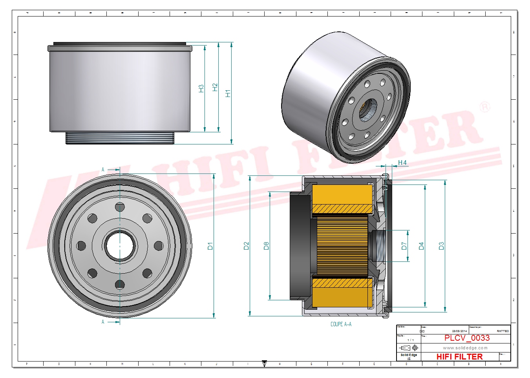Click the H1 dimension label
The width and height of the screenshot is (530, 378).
pos(228,93)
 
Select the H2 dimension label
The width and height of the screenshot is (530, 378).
pos(215,87)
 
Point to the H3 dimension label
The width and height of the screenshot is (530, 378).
pos(201,88)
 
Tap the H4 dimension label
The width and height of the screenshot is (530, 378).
pos(402,163)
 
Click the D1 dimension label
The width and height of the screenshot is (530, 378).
pos(210,246)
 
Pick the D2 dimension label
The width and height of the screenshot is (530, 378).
pos(246,246)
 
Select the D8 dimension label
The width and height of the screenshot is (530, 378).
pos(266,246)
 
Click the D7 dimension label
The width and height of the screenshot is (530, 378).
pos(404,246)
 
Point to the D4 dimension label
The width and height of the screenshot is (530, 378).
pos(421,246)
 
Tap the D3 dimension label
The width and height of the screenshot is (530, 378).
pos(441,246)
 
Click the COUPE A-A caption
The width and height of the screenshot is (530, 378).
pos(341,324)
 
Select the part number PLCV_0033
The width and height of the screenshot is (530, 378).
pos(467,338)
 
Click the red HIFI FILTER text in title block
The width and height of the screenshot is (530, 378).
pos(459,356)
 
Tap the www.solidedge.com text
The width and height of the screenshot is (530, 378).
pos(465,348)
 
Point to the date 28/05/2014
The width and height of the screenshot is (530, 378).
pos(459,331)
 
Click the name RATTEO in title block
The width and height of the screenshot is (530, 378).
pos(503,331)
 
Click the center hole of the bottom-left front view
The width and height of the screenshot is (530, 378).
pos(120,246)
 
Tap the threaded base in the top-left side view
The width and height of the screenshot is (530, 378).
pos(120,138)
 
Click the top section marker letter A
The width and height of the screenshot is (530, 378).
pos(103,170)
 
